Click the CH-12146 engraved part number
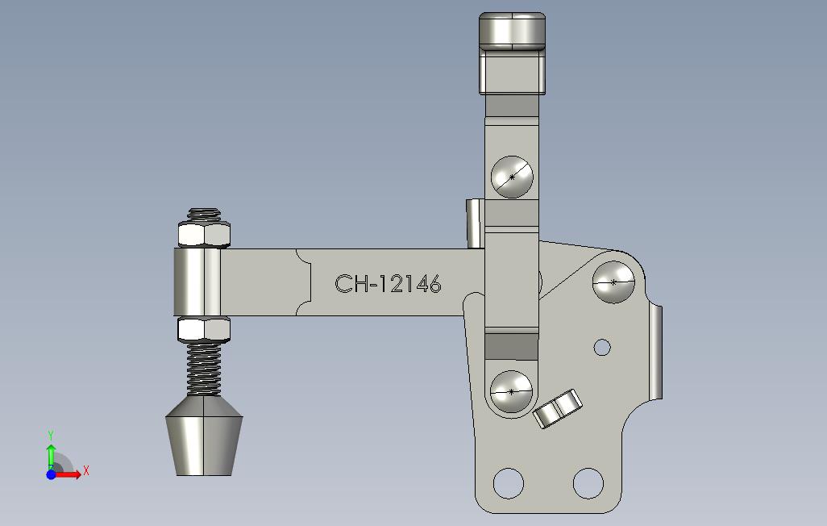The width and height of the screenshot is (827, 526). [388, 284]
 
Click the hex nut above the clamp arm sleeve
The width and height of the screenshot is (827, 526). [204, 235]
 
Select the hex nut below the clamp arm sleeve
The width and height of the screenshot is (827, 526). [204, 329]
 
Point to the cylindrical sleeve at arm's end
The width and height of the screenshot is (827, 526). [197, 282]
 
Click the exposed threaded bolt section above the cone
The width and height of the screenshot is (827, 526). [204, 369]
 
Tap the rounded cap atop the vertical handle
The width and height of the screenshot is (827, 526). [512, 30]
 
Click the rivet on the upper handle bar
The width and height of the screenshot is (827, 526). [512, 177]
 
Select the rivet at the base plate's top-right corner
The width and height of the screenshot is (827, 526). [613, 282]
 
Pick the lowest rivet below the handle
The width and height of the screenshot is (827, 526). [511, 391]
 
